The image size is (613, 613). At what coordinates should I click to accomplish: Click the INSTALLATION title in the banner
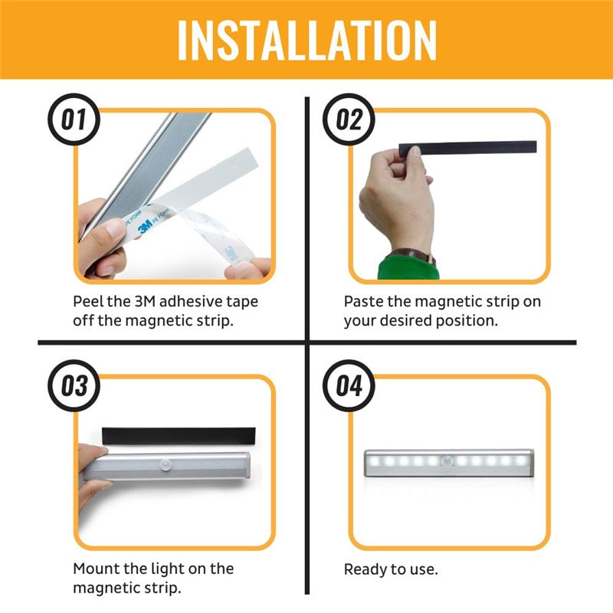tap(306, 39)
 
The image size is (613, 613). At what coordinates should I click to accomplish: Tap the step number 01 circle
tap(74, 121)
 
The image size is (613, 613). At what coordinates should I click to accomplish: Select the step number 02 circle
tap(349, 121)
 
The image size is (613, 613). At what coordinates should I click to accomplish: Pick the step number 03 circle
tap(74, 385)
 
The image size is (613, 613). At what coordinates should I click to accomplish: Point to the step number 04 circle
tap(349, 385)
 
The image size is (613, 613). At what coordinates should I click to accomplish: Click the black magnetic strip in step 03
tap(177, 434)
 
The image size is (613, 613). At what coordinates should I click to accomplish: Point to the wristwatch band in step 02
tap(414, 254)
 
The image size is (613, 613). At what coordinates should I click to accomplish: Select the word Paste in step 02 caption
tap(366, 301)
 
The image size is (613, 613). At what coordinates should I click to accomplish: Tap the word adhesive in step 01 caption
tap(188, 301)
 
